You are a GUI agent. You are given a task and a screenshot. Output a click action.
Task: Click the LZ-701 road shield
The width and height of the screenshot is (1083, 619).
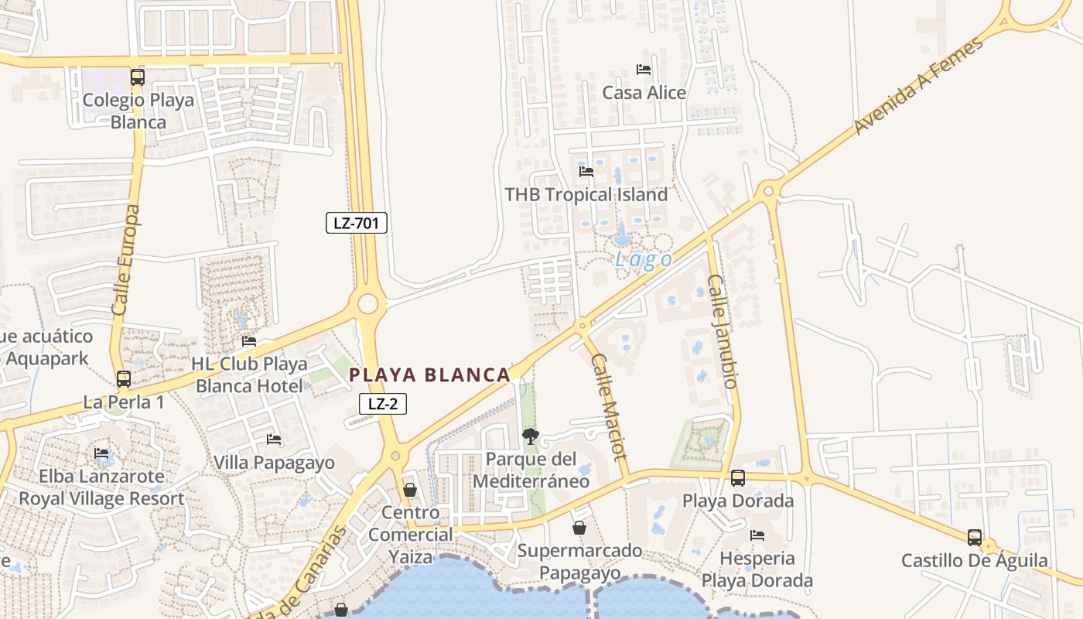pyautogui.click(x=356, y=224)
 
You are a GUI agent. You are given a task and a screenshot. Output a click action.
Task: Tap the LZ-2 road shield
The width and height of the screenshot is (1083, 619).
pyautogui.click(x=382, y=403)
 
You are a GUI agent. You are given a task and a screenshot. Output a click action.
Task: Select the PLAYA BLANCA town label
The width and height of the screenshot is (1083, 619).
pyautogui.click(x=429, y=375)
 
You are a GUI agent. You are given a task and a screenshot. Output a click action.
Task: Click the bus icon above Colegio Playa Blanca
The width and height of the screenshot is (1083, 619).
pyautogui.click(x=138, y=77)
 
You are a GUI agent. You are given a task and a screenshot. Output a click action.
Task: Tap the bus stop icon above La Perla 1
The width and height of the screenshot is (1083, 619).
pyautogui.click(x=124, y=379)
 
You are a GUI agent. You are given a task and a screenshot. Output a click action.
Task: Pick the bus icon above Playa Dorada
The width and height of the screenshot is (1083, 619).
pyautogui.click(x=738, y=477)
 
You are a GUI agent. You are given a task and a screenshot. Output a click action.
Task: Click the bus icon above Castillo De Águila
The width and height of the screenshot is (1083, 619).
pyautogui.click(x=975, y=537)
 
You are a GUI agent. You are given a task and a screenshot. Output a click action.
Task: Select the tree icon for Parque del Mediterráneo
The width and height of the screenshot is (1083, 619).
pyautogui.click(x=531, y=436)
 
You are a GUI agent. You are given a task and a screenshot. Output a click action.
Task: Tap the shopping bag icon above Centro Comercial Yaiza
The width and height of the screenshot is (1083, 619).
pyautogui.click(x=410, y=490)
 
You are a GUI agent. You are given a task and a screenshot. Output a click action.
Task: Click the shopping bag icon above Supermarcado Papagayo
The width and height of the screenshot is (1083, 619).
pyautogui.click(x=579, y=528)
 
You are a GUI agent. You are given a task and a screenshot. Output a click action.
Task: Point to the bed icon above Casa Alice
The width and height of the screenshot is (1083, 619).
pyautogui.click(x=644, y=70)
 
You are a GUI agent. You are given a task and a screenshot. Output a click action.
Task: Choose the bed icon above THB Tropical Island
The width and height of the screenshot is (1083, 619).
pyautogui.click(x=586, y=172)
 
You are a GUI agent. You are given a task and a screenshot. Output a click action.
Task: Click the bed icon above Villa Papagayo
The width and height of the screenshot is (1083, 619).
pyautogui.click(x=274, y=439)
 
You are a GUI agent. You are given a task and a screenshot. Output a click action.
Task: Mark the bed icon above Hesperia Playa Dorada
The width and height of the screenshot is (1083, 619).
pyautogui.click(x=757, y=535)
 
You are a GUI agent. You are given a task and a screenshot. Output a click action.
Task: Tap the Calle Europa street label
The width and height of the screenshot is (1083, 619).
pyautogui.click(x=127, y=260)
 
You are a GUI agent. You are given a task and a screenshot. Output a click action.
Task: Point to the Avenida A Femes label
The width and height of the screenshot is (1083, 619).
pyautogui.click(x=919, y=85)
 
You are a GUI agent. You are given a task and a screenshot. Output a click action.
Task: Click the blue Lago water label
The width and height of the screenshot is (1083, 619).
pyautogui.click(x=643, y=260)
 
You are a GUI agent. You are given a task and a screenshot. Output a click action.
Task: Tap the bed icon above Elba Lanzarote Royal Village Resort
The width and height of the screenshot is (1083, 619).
pyautogui.click(x=101, y=453)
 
